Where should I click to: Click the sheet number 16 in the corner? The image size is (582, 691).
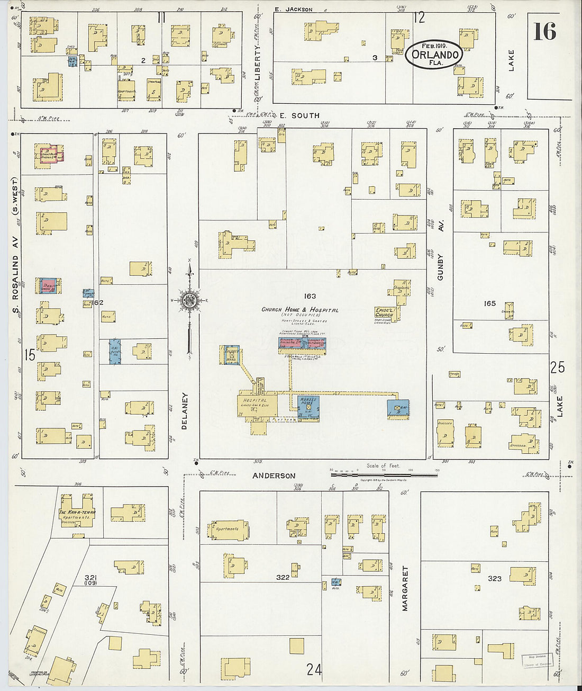(x=544, y=31)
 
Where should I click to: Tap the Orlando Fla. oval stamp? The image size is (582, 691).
(x=434, y=55)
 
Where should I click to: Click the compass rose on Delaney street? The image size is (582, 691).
(x=189, y=300)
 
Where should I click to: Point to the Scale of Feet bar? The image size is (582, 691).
(x=384, y=473)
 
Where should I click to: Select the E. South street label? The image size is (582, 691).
(x=299, y=115)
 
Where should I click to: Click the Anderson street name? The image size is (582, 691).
(x=274, y=475)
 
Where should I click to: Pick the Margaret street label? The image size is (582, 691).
(x=405, y=588)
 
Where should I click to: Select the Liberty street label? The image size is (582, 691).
(x=258, y=62)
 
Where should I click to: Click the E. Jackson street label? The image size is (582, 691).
(x=294, y=9)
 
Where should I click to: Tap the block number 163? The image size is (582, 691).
(x=310, y=296)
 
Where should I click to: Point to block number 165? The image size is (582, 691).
(x=489, y=303)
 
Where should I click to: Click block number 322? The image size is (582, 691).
(x=283, y=577)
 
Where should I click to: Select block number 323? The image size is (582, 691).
(x=494, y=578)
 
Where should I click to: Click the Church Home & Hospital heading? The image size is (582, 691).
(x=300, y=310)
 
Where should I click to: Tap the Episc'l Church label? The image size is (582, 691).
(x=384, y=312)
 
